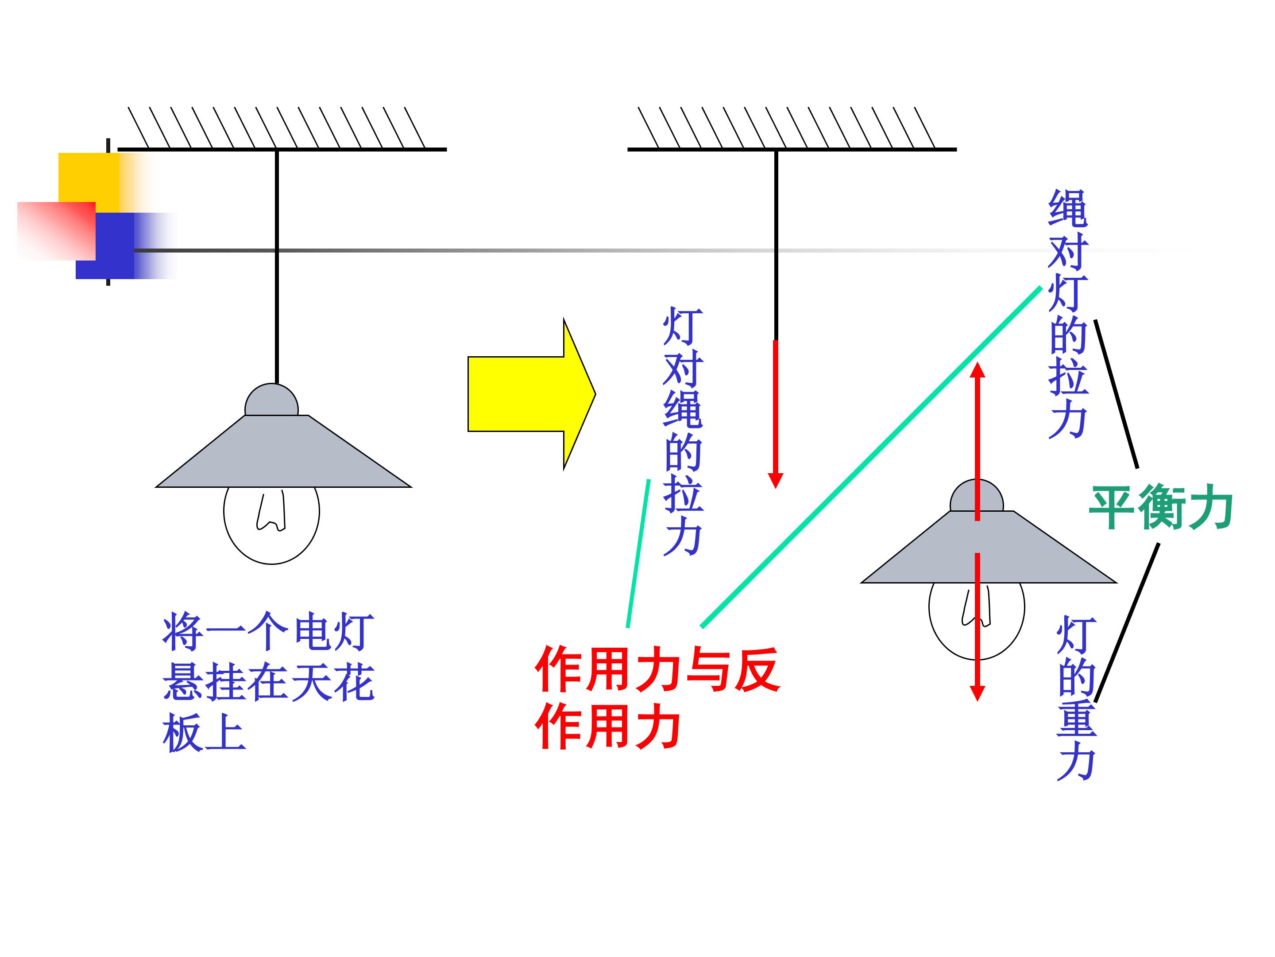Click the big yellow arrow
(530, 394)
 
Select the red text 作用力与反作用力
(657, 697)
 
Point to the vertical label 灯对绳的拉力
(683, 431)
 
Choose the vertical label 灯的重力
(1076, 698)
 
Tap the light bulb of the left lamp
(271, 525)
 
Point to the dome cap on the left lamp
(271, 400)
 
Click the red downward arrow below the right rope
(776, 414)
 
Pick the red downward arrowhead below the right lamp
(977, 693)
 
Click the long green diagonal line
(871, 457)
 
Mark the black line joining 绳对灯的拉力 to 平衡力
(1117, 394)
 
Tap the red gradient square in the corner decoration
(57, 231)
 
